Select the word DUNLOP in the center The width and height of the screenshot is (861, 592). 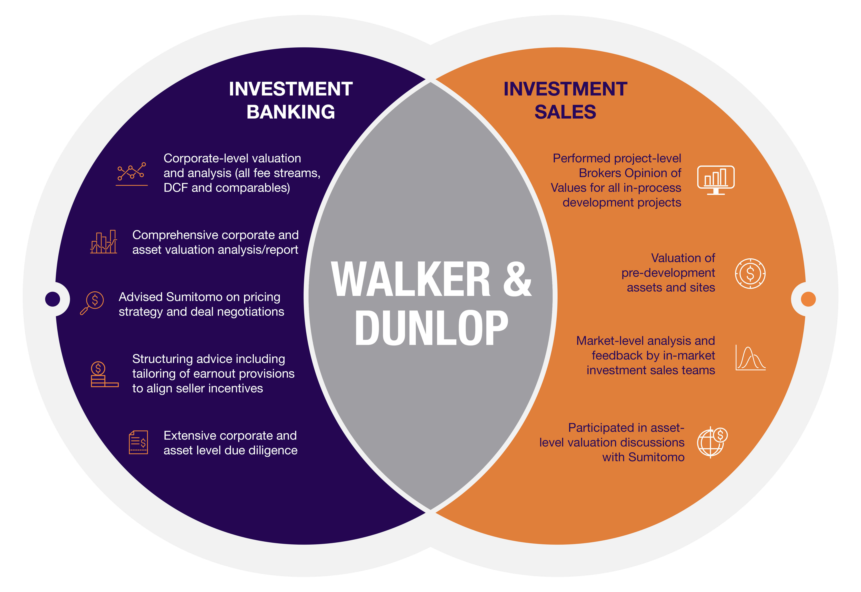tap(431, 328)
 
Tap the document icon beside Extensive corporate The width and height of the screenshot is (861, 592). tap(138, 442)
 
